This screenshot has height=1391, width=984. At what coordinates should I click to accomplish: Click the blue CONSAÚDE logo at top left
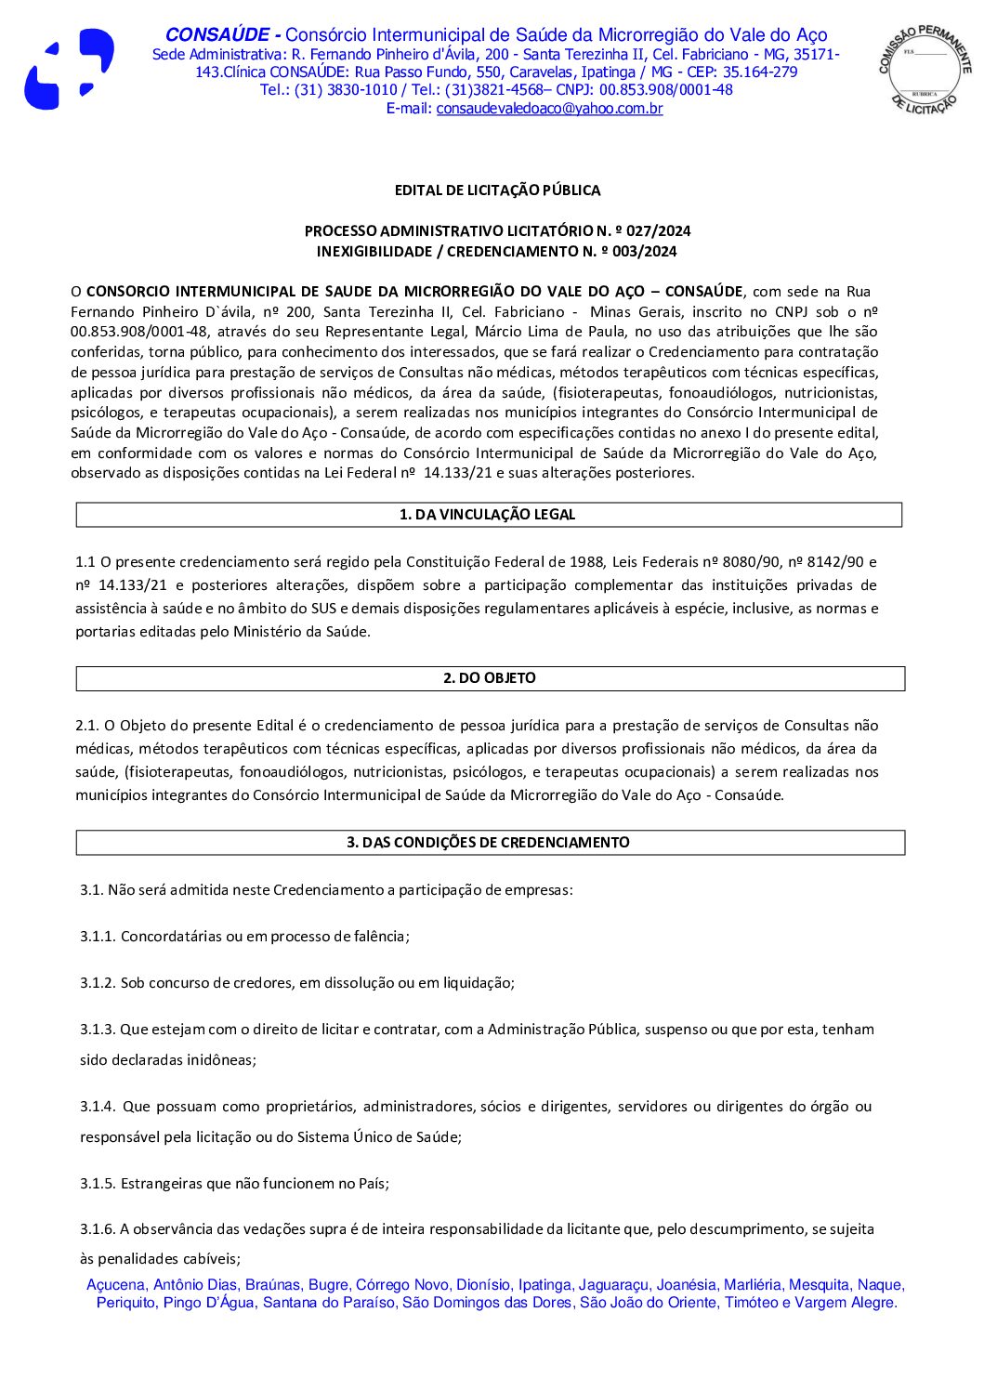pyautogui.click(x=69, y=70)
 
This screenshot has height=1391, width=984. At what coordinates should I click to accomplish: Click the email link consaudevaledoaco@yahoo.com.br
pyautogui.click(x=549, y=109)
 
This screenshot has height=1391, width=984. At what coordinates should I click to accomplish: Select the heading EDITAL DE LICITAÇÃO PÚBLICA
pyautogui.click(x=497, y=190)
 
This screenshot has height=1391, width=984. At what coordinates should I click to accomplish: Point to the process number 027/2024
pyautogui.click(x=659, y=231)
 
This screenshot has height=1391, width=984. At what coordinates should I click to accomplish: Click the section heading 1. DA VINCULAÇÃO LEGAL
pyautogui.click(x=488, y=515)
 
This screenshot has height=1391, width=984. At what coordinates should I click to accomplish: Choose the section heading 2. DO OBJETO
pyautogui.click(x=490, y=678)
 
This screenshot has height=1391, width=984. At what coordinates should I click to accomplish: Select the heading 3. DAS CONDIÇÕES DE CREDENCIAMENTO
pyautogui.click(x=489, y=843)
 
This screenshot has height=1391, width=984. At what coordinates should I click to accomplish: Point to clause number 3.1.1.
pyautogui.click(x=98, y=937)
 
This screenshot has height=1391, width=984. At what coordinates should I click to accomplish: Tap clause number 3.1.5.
pyautogui.click(x=98, y=1184)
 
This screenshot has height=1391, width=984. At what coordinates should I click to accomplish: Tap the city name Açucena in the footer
pyautogui.click(x=116, y=1285)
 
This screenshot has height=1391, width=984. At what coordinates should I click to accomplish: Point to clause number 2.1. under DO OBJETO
pyautogui.click(x=87, y=726)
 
